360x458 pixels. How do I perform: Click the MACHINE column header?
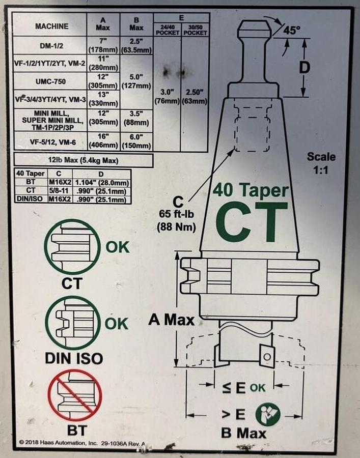(52, 26)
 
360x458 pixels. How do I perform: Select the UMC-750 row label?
(50, 81)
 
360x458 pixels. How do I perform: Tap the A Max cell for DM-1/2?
(103, 45)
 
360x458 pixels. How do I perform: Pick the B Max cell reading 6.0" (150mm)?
(136, 141)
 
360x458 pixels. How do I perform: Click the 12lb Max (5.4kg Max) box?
(84, 160)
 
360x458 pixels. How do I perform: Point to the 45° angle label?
(291, 30)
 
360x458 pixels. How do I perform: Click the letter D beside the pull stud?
(304, 68)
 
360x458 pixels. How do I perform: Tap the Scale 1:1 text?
(321, 163)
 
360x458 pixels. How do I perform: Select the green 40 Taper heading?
(251, 191)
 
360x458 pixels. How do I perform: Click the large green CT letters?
(252, 222)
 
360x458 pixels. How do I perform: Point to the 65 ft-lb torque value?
(176, 214)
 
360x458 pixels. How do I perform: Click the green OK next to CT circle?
(118, 247)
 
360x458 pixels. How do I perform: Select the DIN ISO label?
(74, 358)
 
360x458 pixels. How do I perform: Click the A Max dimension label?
(171, 320)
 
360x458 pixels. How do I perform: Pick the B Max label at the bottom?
(244, 433)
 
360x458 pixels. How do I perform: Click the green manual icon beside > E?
(268, 414)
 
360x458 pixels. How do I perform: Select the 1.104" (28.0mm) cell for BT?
(102, 183)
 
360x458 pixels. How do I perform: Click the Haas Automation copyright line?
(82, 443)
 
